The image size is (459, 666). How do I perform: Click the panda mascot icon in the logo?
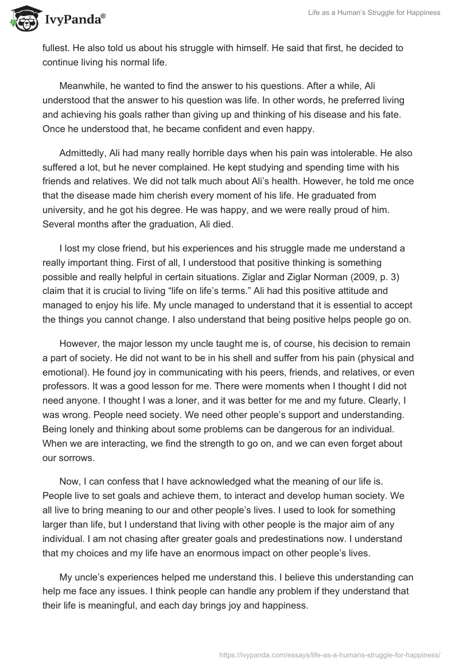click(22, 18)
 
